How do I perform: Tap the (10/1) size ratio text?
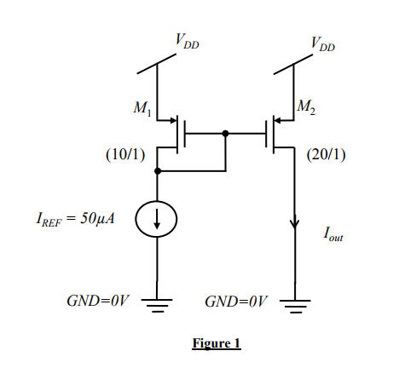(122, 156)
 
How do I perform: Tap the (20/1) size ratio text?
(326, 156)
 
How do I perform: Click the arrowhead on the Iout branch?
(295, 224)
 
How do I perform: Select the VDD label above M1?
(188, 40)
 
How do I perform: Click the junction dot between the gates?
(225, 134)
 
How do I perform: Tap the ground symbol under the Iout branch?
(295, 304)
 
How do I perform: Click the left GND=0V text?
(98, 302)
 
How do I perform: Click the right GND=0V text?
(236, 302)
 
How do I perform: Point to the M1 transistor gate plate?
(184, 134)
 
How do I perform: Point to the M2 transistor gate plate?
(268, 134)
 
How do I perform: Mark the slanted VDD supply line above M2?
(295, 64)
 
